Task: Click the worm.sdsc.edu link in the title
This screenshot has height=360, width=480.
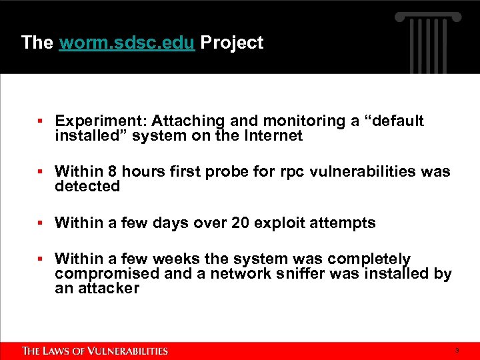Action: [127, 43]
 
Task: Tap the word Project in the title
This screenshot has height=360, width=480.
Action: [232, 43]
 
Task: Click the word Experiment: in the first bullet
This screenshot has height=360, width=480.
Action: [101, 121]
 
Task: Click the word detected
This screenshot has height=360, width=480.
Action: [87, 187]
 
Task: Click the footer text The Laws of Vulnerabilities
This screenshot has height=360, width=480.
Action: [95, 351]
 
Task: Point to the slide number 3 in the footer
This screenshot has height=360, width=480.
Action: [457, 351]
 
